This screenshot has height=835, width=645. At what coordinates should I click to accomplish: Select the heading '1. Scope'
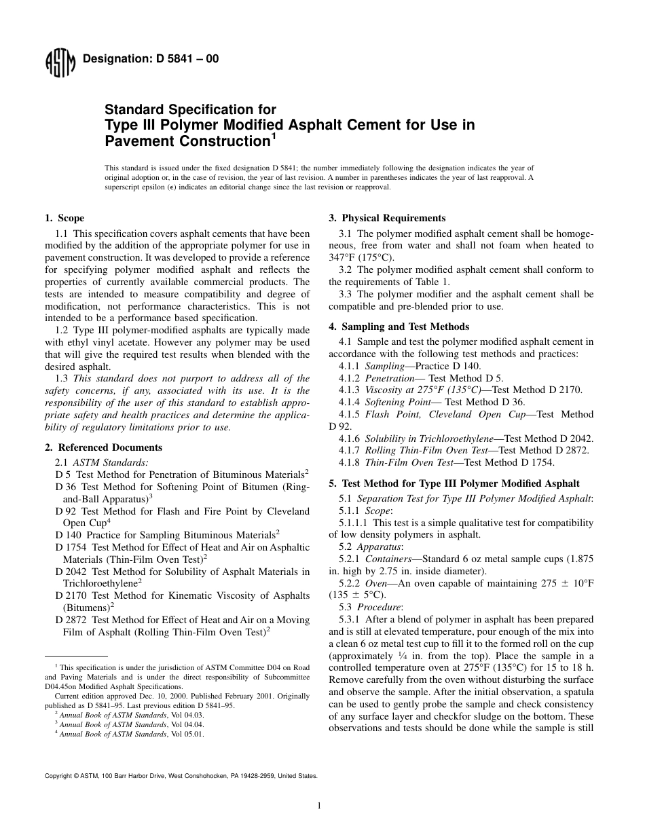pyautogui.click(x=64, y=218)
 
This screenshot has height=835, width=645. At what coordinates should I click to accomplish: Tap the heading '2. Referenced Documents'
pyautogui.click(x=103, y=447)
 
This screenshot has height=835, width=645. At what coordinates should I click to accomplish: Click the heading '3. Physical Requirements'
pyautogui.click(x=387, y=218)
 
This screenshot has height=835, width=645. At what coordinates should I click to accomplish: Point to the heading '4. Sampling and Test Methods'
pyautogui.click(x=399, y=327)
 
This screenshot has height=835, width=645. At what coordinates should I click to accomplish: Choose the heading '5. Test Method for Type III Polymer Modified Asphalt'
pyautogui.click(x=454, y=483)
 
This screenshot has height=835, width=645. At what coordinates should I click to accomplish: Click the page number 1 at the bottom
pyautogui.click(x=318, y=806)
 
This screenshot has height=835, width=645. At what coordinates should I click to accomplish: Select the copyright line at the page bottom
pyautogui.click(x=180, y=775)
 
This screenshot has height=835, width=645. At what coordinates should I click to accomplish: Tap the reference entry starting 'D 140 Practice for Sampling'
pyautogui.click(x=165, y=535)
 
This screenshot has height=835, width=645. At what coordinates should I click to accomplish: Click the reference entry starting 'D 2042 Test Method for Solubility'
pyautogui.click(x=182, y=572)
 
